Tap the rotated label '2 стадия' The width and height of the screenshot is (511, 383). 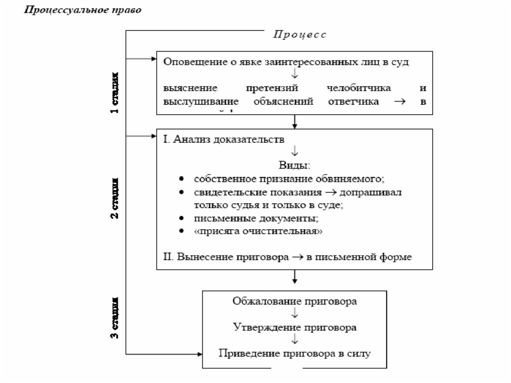[115, 198]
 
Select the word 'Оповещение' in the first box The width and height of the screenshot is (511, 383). [190, 62]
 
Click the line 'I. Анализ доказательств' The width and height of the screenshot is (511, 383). [224, 139]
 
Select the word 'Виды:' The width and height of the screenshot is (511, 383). [294, 165]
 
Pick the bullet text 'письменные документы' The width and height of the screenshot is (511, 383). [256, 218]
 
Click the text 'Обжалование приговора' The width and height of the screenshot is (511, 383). [295, 301]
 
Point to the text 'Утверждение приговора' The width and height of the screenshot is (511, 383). [295, 327]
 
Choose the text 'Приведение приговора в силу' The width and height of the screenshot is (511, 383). [295, 353]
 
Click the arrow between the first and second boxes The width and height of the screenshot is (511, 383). [295, 121]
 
